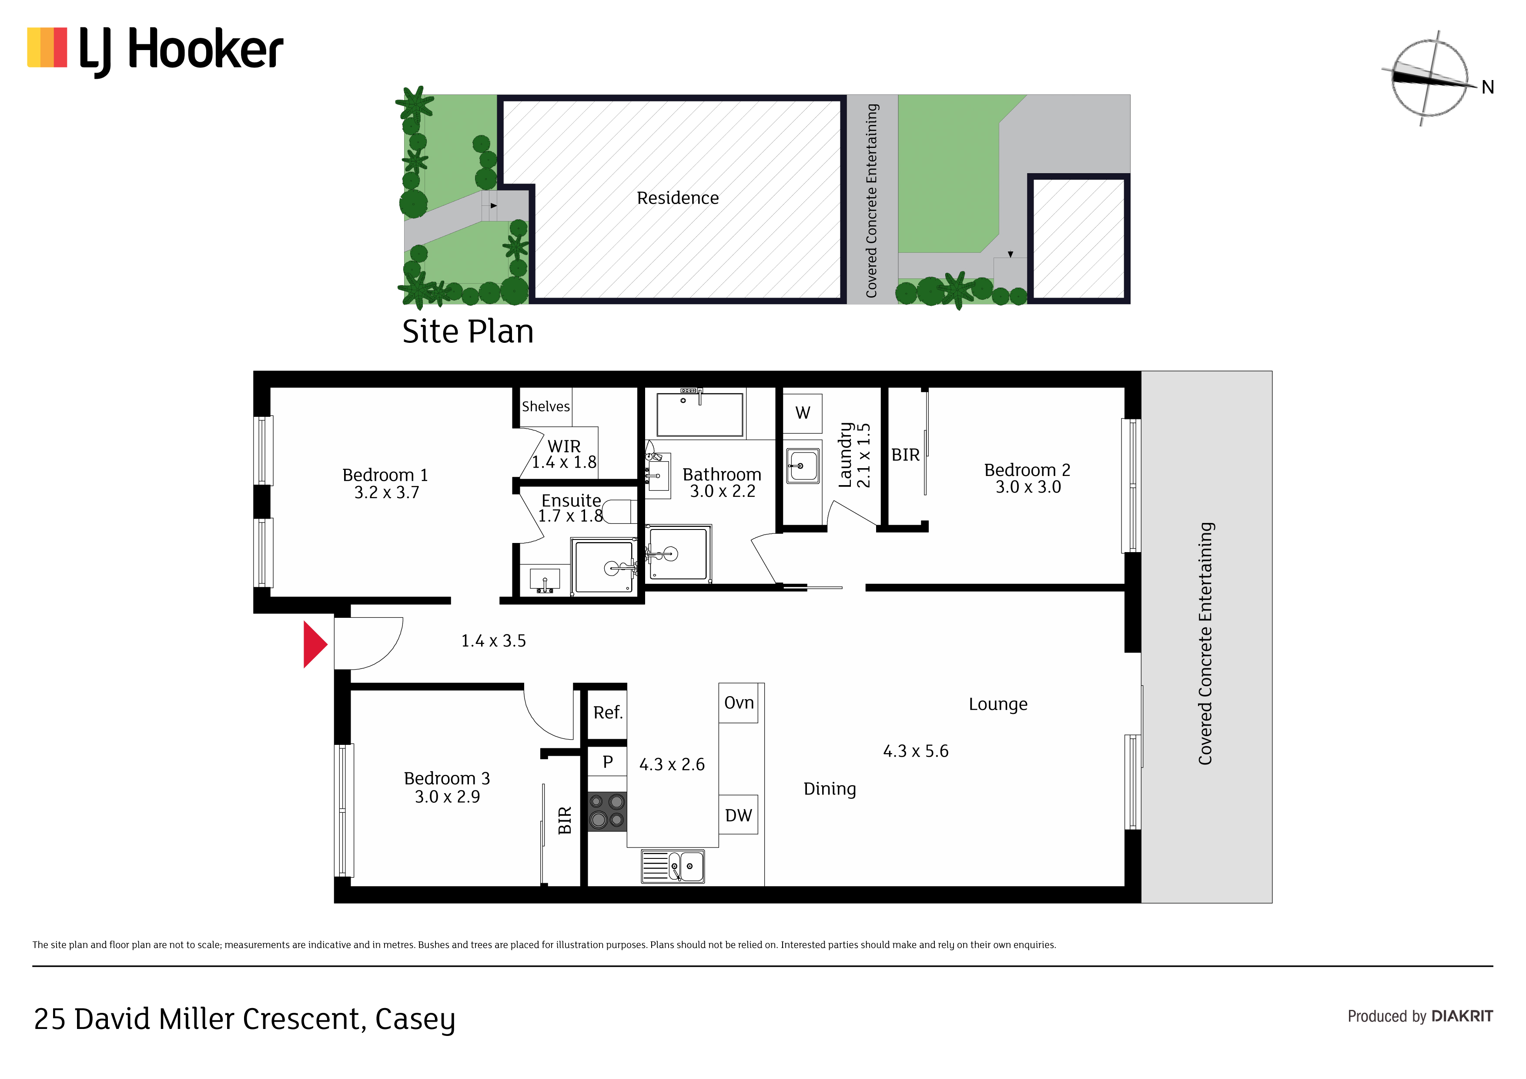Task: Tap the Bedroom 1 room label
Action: coord(385,483)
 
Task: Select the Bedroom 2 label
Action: coord(1027,478)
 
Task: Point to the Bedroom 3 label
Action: coord(447,787)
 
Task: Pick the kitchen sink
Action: coord(673,866)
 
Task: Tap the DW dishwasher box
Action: coord(738,814)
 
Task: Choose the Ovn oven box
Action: coord(738,703)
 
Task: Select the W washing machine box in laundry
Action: coord(803,413)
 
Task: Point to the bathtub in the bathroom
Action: coord(700,415)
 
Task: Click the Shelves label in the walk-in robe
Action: coord(545,406)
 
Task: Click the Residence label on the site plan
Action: coord(677,198)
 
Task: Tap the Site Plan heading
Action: coord(468,332)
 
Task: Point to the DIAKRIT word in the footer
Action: coord(1462,1016)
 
